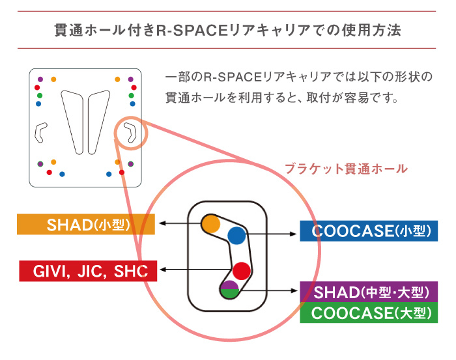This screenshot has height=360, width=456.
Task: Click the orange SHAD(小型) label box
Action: coord(86,225)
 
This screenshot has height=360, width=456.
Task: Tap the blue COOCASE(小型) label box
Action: coord(368,232)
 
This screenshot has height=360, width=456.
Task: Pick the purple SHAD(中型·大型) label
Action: coord(368,291)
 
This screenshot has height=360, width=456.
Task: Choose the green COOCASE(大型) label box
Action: coord(368,313)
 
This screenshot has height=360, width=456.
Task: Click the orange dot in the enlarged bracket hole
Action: coord(210,223)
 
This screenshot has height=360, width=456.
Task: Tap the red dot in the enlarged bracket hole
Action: coord(242,270)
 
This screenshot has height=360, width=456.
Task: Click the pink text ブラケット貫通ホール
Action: coord(346,169)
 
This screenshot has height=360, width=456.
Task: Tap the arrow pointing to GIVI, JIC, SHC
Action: coord(195,270)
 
